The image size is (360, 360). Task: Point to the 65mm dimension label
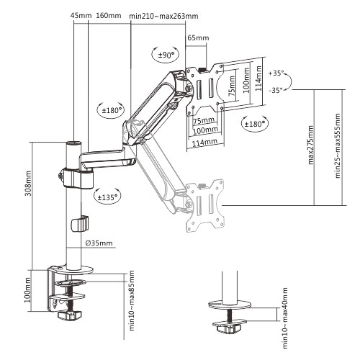pos(197,37)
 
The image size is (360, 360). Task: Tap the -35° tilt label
pos(276,91)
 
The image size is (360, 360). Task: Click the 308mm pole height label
pos(27,205)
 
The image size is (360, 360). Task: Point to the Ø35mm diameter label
pos(98,244)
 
